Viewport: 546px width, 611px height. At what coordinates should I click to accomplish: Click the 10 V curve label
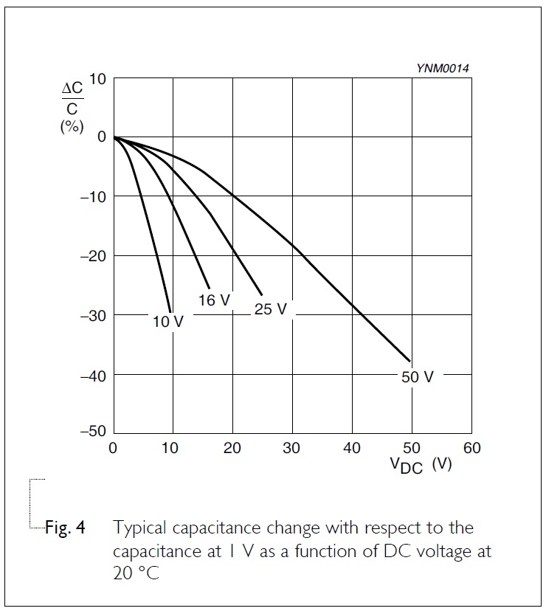tap(168, 322)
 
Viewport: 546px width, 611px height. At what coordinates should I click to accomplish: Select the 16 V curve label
tap(215, 300)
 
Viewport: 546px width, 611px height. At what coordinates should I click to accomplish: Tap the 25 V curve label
tap(271, 309)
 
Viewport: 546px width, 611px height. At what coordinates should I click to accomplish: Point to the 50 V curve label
tap(418, 377)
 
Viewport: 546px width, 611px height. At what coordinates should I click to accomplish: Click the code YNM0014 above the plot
tap(443, 68)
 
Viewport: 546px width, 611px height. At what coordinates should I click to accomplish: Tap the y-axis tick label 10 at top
tap(98, 79)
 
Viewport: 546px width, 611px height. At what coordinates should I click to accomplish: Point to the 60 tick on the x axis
tap(471, 448)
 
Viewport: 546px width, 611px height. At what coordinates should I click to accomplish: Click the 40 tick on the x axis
tap(352, 448)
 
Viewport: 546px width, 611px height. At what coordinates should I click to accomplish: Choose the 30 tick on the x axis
tap(292, 448)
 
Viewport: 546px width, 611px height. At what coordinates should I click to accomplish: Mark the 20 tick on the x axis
tap(232, 448)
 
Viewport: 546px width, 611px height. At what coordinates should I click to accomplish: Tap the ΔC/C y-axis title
tap(72, 98)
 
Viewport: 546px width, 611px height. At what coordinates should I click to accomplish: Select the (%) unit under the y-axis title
tap(71, 126)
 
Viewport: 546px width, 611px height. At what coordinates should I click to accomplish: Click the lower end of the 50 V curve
tap(409, 361)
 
